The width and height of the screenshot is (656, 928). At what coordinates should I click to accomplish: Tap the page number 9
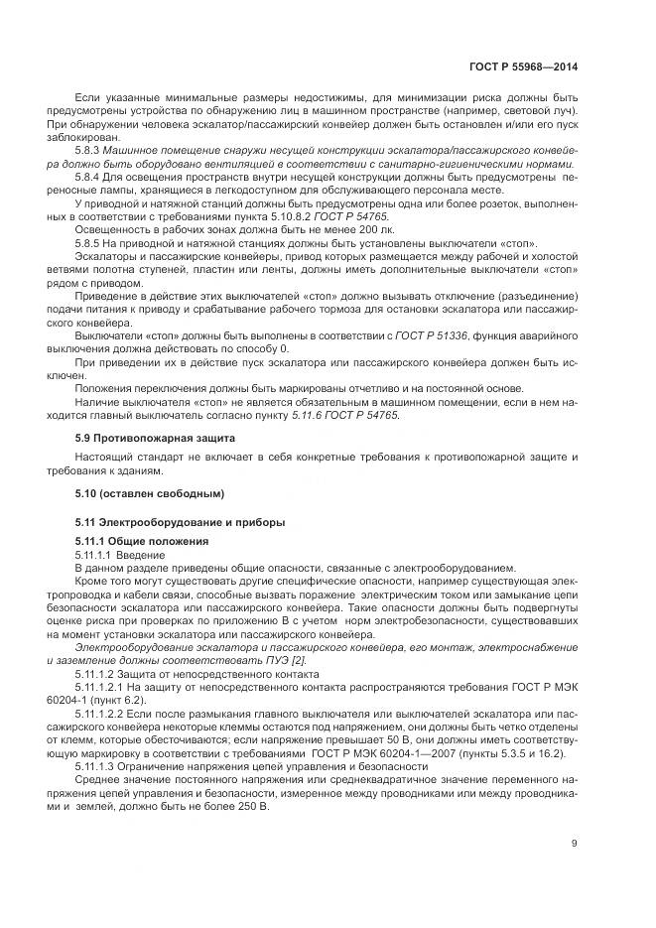click(x=575, y=845)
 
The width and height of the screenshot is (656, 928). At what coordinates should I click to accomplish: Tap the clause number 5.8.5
click(x=90, y=244)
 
